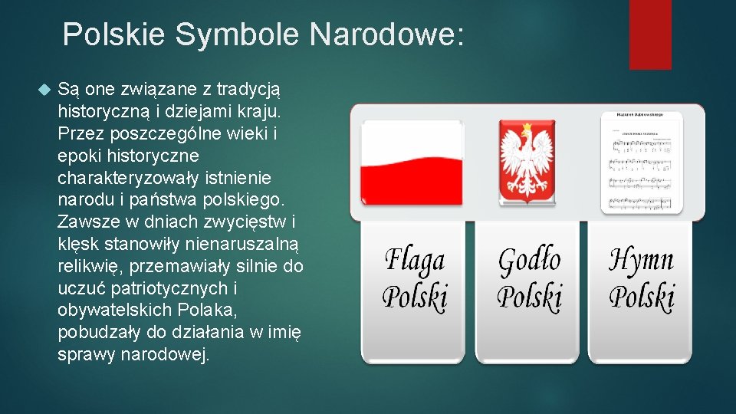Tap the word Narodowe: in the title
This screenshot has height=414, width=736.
pyautogui.click(x=387, y=35)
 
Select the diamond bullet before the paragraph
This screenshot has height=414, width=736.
pyautogui.click(x=43, y=90)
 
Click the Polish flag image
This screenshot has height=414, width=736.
pyautogui.click(x=412, y=163)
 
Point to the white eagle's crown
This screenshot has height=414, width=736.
pyautogui.click(x=527, y=132)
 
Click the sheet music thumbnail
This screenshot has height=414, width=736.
pyautogui.click(x=641, y=162)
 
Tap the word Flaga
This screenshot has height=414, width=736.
pyautogui.click(x=414, y=261)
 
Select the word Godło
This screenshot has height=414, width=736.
pyautogui.click(x=529, y=261)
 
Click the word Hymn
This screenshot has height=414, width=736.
pyautogui.click(x=642, y=261)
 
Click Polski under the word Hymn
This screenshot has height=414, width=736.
pyautogui.click(x=642, y=296)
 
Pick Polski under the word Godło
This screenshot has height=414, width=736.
pyautogui.click(x=529, y=296)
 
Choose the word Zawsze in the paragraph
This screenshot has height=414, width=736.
pyautogui.click(x=84, y=222)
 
